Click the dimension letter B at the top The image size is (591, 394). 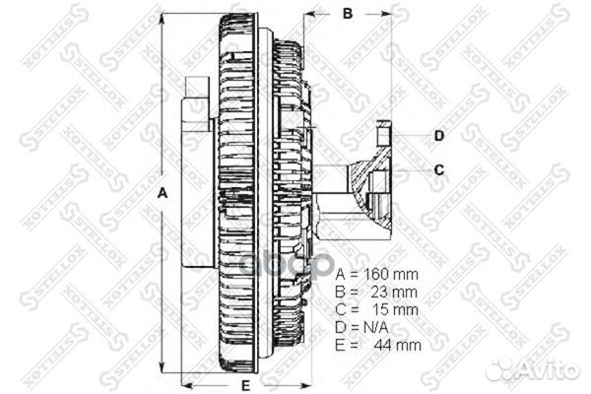click(347, 14)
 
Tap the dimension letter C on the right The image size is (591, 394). click(439, 169)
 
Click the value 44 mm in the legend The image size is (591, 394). click(396, 346)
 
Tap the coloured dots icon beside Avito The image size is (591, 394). click(502, 367)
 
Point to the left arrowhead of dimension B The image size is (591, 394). click(309, 16)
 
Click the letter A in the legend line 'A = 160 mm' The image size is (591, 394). click(341, 275)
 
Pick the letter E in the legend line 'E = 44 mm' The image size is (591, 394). click(341, 346)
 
